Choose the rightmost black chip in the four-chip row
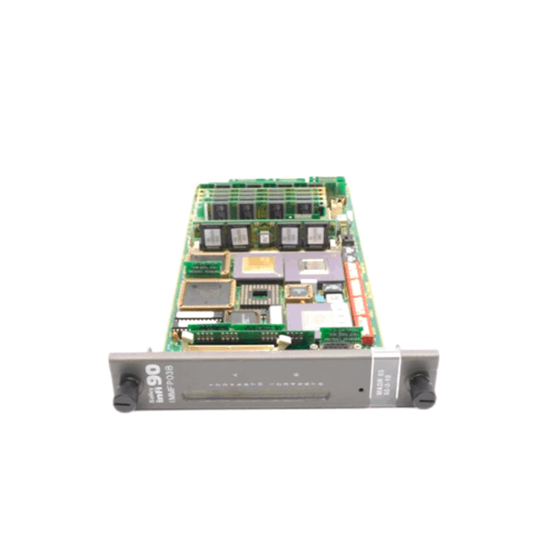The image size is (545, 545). [x=314, y=237]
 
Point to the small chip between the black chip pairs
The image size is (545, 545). [x=264, y=237]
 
